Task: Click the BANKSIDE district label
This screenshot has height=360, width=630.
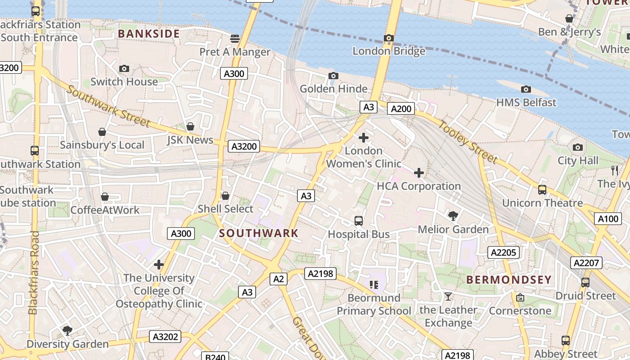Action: point(149,34)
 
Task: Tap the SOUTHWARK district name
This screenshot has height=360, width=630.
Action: point(259,233)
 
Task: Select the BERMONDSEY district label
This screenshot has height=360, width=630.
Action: point(509,279)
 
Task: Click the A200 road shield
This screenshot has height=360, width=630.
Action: point(401,108)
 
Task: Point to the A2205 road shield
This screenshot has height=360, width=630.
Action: point(504,252)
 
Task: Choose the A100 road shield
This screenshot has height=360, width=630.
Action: point(608,219)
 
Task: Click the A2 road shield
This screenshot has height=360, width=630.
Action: point(279,279)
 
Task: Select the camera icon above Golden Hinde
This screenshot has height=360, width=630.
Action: point(333,76)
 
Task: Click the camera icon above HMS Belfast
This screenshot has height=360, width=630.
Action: point(526,89)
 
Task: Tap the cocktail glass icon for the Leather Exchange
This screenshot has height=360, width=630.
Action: point(448,296)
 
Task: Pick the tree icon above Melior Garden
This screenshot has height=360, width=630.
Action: point(453,216)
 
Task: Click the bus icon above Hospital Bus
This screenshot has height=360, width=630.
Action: point(359,221)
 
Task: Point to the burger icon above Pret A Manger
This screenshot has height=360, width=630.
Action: point(235,39)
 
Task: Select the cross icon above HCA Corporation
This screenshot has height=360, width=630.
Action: point(419,172)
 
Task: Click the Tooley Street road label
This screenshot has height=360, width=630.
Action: point(468,142)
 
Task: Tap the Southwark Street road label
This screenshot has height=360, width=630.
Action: point(108,106)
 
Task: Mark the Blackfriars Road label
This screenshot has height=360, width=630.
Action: point(33,273)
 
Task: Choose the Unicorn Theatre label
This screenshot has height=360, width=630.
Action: point(542,203)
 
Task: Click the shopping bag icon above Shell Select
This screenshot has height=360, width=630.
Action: point(225,196)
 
